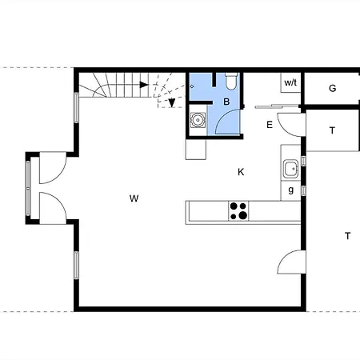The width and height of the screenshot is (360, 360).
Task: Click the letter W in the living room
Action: [x=134, y=198]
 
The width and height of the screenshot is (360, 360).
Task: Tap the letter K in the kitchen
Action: [x=241, y=172]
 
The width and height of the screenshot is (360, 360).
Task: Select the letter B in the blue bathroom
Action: [x=226, y=102]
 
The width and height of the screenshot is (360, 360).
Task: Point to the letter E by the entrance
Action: [x=270, y=125]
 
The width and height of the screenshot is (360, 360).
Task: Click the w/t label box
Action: [x=290, y=82]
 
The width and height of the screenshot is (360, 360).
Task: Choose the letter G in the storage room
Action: [x=332, y=88]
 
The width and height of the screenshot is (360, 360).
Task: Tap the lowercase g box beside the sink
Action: [x=290, y=190]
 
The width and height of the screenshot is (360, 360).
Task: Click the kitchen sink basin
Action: [x=290, y=169]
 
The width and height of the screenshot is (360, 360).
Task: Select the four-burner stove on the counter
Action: [x=238, y=211]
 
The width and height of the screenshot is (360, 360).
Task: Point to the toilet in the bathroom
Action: [x=231, y=81]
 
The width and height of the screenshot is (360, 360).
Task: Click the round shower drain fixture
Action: [x=198, y=120]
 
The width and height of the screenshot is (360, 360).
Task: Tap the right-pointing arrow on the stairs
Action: [x=144, y=85]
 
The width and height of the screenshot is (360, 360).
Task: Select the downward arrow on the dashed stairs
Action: [x=172, y=102]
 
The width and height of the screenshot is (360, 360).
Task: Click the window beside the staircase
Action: [x=76, y=107]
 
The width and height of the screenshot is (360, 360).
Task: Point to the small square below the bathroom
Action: [x=196, y=150]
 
